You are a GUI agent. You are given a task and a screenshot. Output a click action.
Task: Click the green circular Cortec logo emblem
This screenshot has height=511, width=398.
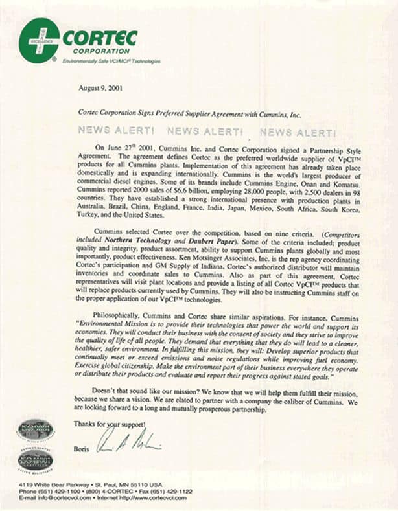[x=39, y=40]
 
